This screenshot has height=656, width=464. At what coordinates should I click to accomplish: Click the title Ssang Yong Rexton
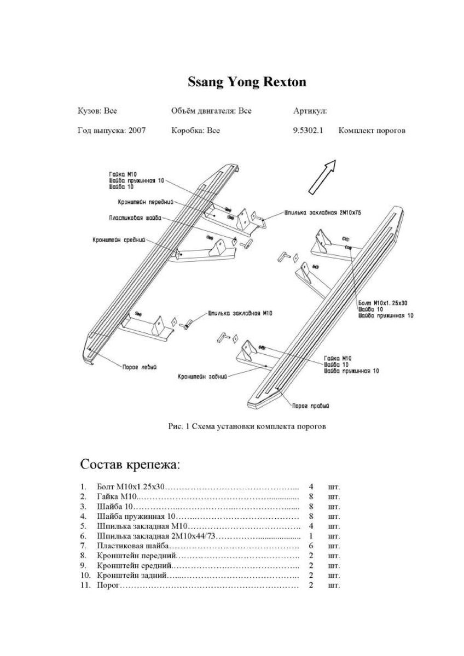[247, 82]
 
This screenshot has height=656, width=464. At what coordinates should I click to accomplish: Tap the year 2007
[137, 131]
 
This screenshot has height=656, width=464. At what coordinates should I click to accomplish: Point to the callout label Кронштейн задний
[201, 377]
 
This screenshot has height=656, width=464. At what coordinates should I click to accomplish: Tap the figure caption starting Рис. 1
[247, 427]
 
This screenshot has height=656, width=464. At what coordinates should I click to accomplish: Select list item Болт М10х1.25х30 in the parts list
[130, 486]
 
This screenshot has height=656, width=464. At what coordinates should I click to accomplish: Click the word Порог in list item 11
[107, 585]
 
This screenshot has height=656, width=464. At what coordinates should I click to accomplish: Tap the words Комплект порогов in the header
[372, 131]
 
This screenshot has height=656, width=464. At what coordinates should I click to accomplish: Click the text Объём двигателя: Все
[211, 110]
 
